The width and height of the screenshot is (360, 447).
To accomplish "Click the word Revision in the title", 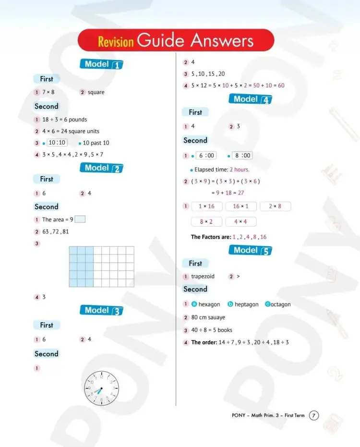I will pyautogui.click(x=116, y=42).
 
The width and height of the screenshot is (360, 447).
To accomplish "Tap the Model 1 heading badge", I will pyautogui.click(x=101, y=64).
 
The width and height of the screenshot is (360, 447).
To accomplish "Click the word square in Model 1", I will pyautogui.click(x=96, y=92).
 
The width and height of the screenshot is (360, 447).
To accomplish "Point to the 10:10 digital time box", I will pyautogui.click(x=57, y=143).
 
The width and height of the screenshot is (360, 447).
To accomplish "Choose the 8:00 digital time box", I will pyautogui.click(x=242, y=156).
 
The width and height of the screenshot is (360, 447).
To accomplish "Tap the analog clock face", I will pyautogui.click(x=101, y=387).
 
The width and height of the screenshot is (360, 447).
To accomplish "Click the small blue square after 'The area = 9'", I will pyautogui.click(x=80, y=219).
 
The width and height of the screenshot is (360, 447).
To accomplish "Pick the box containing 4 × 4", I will pyautogui.click(x=240, y=222).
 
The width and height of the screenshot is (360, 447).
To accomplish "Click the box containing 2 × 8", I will pyautogui.click(x=275, y=206).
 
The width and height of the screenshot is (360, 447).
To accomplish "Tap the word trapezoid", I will pyautogui.click(x=203, y=277).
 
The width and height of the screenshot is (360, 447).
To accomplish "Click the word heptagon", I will pyautogui.click(x=246, y=304).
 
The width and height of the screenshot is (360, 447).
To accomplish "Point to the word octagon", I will pyautogui.click(x=281, y=304).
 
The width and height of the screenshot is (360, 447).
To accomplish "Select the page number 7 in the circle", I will pyautogui.click(x=313, y=415).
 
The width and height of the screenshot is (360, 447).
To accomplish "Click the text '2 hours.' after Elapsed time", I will pyautogui.click(x=240, y=169).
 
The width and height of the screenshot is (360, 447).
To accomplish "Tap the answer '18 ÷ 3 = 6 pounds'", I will pyautogui.click(x=64, y=120).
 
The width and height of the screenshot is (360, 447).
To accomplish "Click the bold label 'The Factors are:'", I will pyautogui.click(x=211, y=237).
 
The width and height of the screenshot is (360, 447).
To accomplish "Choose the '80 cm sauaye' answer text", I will pyautogui.click(x=208, y=317).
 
